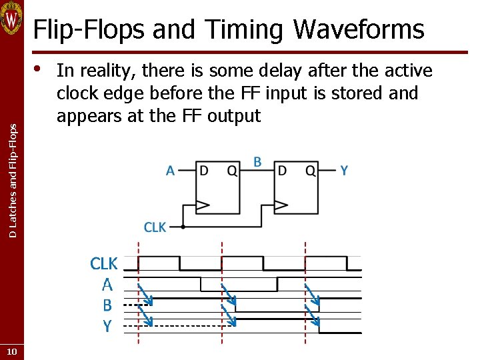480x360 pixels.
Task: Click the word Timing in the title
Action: click(245, 29)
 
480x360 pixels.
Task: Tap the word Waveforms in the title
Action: click(359, 29)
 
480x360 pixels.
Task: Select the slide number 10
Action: click(11, 351)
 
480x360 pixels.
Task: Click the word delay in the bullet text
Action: click(312, 71)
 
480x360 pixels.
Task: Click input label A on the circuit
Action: click(171, 171)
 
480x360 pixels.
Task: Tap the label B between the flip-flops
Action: click(257, 162)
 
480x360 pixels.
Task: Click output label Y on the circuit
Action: click(344, 171)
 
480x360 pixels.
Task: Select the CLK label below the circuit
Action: click(155, 227)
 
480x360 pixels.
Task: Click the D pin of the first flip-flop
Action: click(204, 171)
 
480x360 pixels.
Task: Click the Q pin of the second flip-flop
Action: click(310, 171)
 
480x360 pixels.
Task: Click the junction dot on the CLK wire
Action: click(183, 227)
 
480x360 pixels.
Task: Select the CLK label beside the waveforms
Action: click(103, 264)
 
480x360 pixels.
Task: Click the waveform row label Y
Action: click(107, 326)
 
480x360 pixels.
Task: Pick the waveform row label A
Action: click(107, 285)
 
